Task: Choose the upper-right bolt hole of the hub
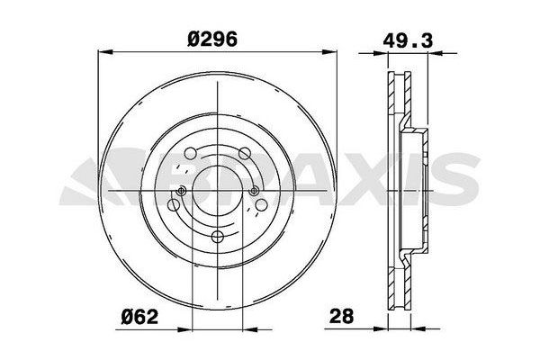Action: tap(246, 153)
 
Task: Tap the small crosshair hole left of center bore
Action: tap(183, 191)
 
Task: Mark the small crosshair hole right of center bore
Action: tap(254, 191)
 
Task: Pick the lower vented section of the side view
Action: tap(395, 283)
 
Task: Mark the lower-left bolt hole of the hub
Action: tap(174, 206)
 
